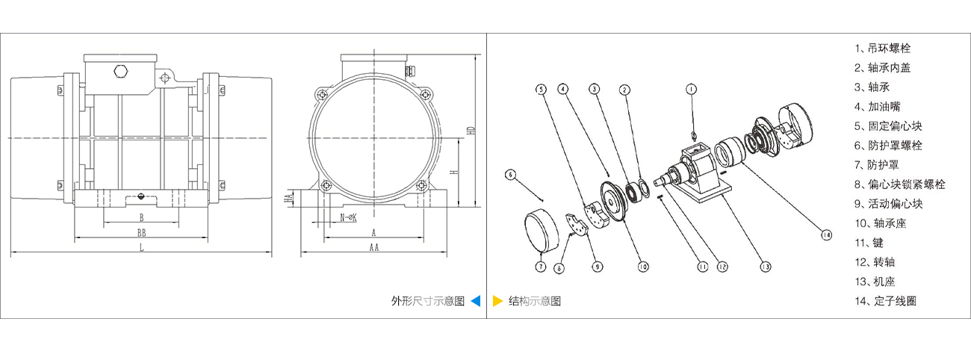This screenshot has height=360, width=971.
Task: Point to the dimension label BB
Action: point(141,233)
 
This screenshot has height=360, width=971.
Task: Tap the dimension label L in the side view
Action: point(141,248)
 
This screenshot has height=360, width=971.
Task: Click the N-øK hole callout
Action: point(348,217)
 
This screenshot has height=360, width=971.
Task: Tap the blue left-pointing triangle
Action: point(476,302)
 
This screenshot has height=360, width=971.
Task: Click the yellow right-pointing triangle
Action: point(497,302)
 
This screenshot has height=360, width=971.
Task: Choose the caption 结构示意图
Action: point(535,302)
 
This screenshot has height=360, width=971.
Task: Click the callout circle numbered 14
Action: point(825,235)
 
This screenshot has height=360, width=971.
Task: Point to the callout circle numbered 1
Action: point(691,89)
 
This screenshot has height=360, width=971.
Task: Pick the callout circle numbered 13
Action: point(766,265)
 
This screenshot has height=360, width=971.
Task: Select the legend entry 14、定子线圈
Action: point(885,301)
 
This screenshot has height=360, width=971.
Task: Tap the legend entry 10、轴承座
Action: point(880,223)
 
